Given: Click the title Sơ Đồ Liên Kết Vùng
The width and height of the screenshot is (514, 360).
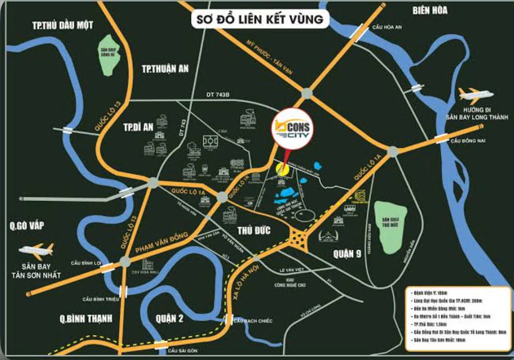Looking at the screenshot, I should [260, 20].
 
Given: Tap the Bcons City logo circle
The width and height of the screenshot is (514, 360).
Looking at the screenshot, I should [292, 130].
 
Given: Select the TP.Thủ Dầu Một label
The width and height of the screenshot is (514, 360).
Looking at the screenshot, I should [62, 25].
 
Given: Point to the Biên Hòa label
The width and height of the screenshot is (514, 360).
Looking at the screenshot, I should [430, 10].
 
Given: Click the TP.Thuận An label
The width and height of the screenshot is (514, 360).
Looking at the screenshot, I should [165, 68].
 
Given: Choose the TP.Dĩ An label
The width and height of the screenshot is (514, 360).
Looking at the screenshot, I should [138, 127].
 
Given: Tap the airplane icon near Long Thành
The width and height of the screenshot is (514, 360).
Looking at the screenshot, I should [475, 94].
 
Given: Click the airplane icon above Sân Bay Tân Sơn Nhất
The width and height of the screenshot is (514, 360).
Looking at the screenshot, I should [37, 250].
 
